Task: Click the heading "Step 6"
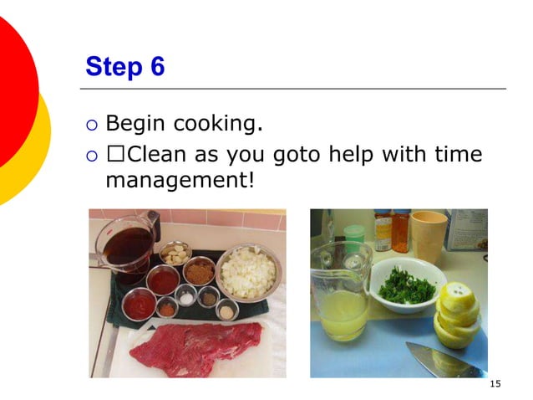[x=124, y=67]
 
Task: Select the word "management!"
[x=179, y=179]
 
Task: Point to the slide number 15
[x=495, y=383]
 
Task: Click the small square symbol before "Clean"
[x=114, y=156]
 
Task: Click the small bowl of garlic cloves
[x=175, y=253]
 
